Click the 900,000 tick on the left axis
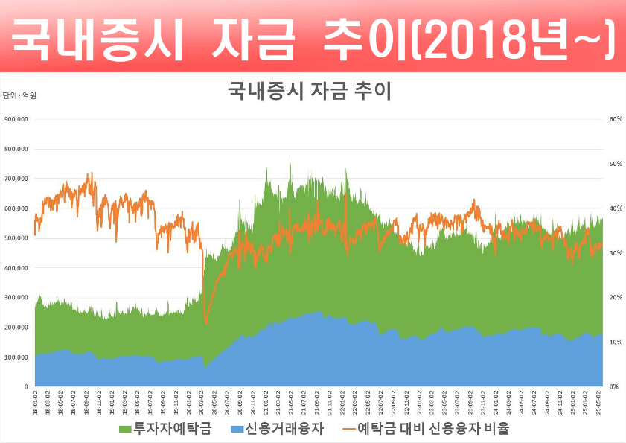pos(16,119)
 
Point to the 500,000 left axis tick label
pos(16,238)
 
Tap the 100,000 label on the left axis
pos(16,357)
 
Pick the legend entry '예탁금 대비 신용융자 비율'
pos(434,430)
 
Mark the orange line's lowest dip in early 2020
pos(206,323)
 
